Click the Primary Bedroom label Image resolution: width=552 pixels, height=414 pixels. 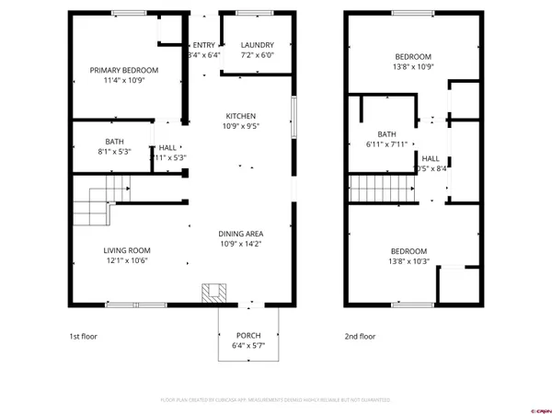[123, 70]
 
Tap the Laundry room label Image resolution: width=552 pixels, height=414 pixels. [257, 45]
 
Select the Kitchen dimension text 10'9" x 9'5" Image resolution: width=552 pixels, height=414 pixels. [241, 126]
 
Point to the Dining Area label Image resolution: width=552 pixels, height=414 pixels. [241, 234]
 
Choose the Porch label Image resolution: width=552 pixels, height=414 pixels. [248, 335]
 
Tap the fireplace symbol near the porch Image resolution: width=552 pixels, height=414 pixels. [214, 293]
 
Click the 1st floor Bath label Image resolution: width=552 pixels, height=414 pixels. [114, 142]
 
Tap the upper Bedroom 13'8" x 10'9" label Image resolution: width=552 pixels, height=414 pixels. [412, 57]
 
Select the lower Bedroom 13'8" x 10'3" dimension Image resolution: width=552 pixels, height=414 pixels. [408, 261]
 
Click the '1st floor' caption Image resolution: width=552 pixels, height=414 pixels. [83, 337]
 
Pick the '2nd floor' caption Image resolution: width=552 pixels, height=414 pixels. [360, 337]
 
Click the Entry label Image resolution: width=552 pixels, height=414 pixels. [202, 45]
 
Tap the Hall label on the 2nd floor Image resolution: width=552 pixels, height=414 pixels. [431, 158]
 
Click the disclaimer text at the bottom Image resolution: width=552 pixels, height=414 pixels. [276, 400]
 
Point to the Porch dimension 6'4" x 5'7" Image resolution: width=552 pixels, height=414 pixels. [248, 345]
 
